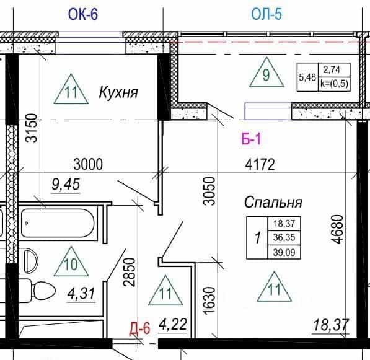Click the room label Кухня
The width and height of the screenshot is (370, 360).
coord(118,92)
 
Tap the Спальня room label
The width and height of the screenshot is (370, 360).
coord(273,202)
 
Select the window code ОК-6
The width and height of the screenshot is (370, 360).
coord(83,14)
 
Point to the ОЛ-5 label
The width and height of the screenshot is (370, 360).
coord(266,14)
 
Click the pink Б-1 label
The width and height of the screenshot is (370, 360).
coord(251,139)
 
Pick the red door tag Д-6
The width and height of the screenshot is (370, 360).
coord(139,328)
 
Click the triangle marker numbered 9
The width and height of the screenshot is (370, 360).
coord(266,72)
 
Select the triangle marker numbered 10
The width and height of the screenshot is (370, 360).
coord(71,261)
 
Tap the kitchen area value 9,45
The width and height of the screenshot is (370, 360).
coord(66,184)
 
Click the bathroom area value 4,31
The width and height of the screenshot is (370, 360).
coord(81,293)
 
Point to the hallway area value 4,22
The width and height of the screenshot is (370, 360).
coord(173,324)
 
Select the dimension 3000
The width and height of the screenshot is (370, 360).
coord(88,164)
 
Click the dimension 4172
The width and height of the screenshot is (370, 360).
coord(260,164)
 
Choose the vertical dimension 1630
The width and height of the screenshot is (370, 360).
coord(209,301)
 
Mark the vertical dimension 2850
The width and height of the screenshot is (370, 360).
coord(130,272)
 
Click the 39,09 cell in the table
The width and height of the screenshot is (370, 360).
coord(284,252)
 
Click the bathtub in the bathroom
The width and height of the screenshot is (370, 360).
coord(58,223)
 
